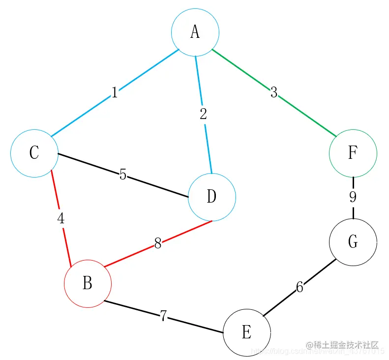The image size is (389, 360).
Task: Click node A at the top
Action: click(x=195, y=32)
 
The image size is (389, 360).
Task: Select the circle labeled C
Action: click(x=34, y=153)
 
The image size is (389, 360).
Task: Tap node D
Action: click(x=212, y=197)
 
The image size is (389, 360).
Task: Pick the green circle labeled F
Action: click(x=353, y=153)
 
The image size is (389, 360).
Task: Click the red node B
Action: click(x=88, y=284)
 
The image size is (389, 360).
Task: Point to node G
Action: click(x=353, y=242)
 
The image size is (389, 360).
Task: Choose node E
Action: click(x=247, y=333)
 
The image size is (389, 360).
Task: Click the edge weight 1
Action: click(x=115, y=92)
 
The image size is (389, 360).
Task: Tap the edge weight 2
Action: click(x=203, y=115)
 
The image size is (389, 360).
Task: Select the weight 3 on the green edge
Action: click(x=274, y=92)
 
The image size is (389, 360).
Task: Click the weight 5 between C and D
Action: click(x=123, y=175)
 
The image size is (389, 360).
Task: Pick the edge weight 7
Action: click(x=163, y=316)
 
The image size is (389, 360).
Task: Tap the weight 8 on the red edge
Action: click(x=158, y=244)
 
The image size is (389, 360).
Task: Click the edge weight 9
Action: click(x=353, y=197)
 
